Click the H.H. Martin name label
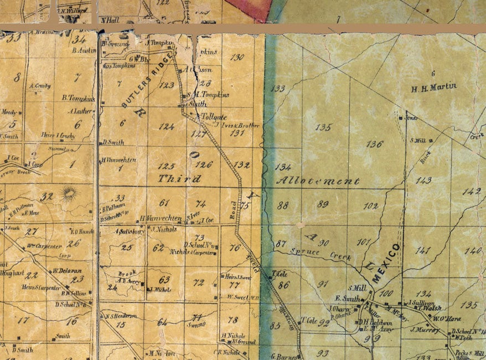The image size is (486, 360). coord(434,87)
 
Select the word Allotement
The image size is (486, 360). coord(317,181)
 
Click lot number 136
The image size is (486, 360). coord(375,144)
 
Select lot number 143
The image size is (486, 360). coord(423,181)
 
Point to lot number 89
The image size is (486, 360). coord(323,204)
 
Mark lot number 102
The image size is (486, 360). coord(371,206)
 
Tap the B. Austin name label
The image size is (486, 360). coord(84,50)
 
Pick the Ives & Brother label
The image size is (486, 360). coord(243,126)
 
